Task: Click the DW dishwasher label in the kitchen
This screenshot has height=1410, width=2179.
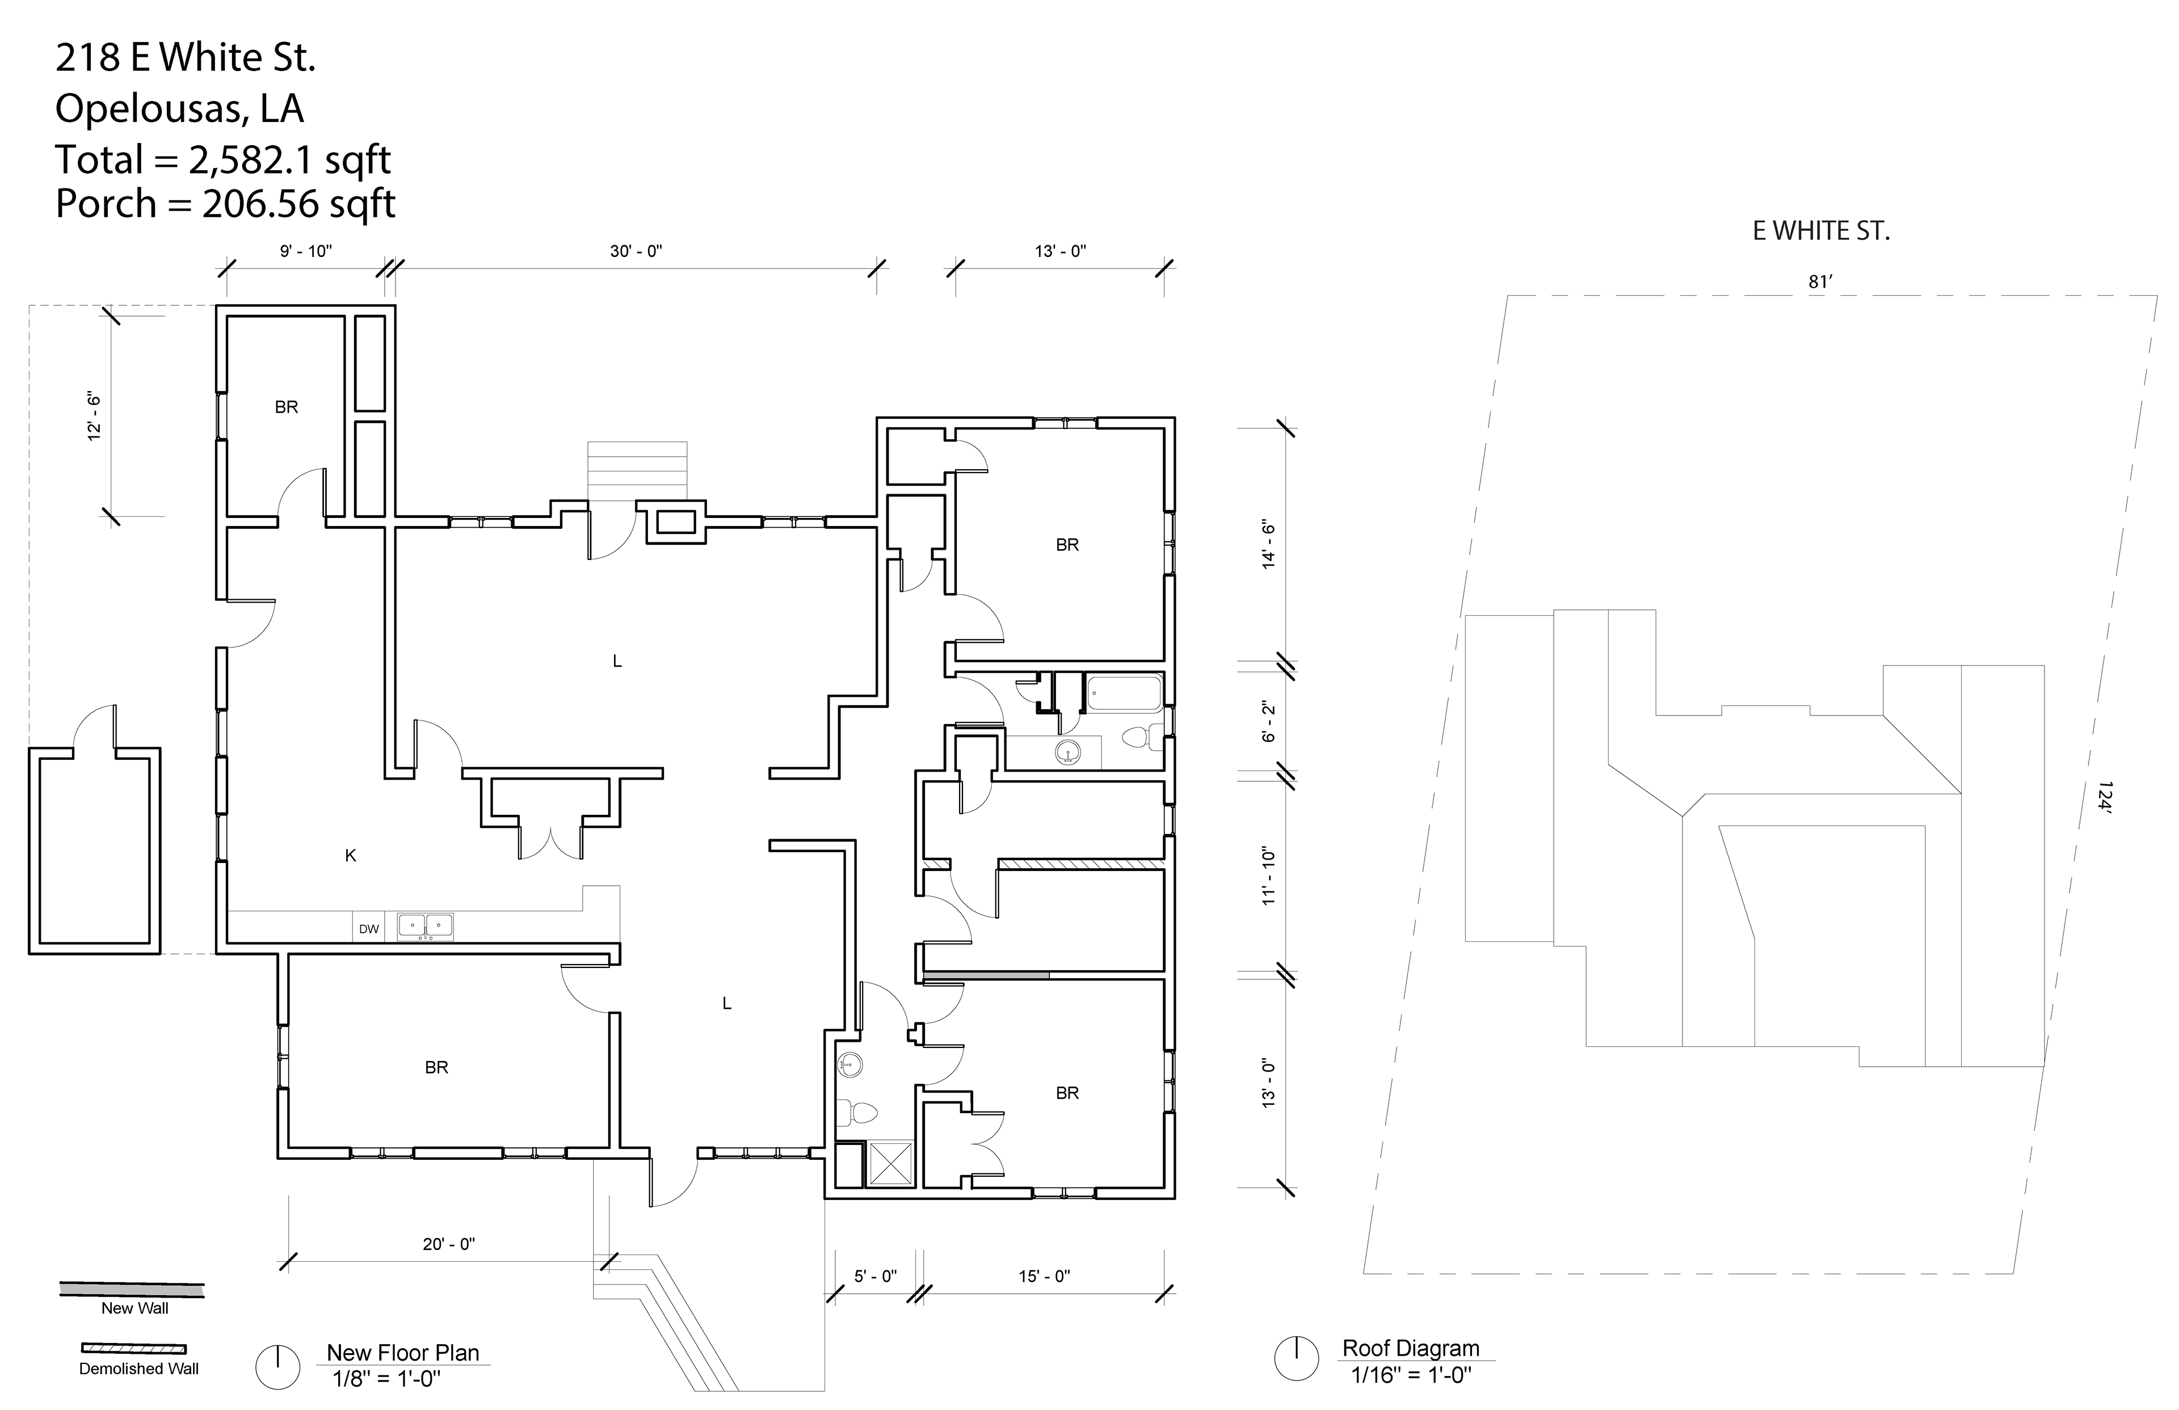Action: pos(369,929)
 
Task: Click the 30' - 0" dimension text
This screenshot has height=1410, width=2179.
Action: pos(636,251)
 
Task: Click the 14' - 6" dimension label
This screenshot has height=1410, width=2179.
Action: pos(1269,545)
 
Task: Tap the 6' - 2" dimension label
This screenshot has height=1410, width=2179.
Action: pos(1269,722)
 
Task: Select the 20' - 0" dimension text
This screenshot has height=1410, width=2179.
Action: pos(449,1244)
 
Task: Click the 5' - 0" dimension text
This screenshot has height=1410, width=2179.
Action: pos(875,1276)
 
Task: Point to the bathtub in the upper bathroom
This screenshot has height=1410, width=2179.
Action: pos(1124,693)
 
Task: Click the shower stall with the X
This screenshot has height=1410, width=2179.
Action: pos(890,1163)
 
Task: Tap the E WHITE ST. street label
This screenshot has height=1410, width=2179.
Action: pos(1821,232)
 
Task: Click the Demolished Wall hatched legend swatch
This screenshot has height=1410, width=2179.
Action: pos(134,1349)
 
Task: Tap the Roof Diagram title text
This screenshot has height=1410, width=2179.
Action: pos(1411,1349)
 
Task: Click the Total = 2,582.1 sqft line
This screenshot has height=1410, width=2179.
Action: pos(224,159)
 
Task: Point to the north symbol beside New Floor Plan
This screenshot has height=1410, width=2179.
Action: pos(277,1368)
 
